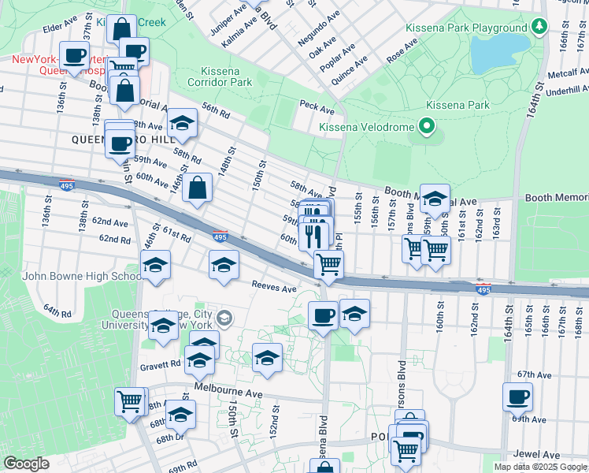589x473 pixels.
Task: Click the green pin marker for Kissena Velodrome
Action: pyautogui.click(x=426, y=126)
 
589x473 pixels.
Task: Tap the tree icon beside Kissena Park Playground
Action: pyautogui.click(x=539, y=28)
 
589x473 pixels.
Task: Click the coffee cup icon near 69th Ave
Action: pyautogui.click(x=517, y=397)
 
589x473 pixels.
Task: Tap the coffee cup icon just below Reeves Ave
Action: pyautogui.click(x=323, y=315)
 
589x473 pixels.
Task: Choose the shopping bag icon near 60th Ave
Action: pyautogui.click(x=198, y=188)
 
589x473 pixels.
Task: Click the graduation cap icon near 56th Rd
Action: pyautogui.click(x=182, y=122)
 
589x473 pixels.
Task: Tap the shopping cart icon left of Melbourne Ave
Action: pyautogui.click(x=130, y=400)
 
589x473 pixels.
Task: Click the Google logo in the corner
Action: pyautogui.click(x=27, y=464)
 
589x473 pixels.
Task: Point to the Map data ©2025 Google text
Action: pyautogui.click(x=540, y=467)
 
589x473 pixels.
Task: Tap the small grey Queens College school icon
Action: pyautogui.click(x=225, y=318)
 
